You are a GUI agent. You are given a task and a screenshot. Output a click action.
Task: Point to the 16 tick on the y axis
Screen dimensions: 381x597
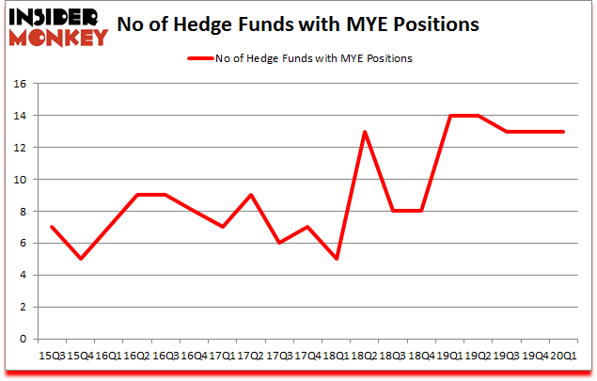(19, 84)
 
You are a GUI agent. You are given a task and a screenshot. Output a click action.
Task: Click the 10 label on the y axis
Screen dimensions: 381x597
(19, 180)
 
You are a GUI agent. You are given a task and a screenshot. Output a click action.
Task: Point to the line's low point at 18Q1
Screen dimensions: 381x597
(336, 259)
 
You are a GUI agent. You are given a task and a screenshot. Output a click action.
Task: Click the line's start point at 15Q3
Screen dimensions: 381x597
(51, 227)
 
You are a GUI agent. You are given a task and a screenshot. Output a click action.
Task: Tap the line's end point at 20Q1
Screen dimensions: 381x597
(563, 132)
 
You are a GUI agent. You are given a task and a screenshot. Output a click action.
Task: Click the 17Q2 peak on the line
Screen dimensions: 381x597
(250, 195)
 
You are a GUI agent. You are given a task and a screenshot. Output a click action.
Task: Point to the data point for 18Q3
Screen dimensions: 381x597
(392, 212)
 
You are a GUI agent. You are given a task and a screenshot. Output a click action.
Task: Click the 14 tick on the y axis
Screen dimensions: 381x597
(19, 116)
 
